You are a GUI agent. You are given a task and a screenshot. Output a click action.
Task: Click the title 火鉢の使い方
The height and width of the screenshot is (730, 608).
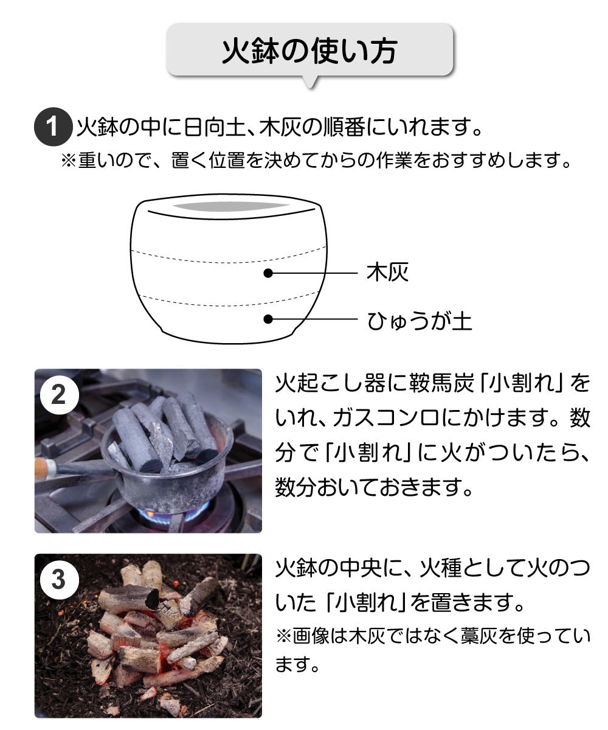pyautogui.click(x=309, y=51)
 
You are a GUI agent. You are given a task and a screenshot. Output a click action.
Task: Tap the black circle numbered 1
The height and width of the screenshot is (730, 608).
pyautogui.click(x=53, y=127)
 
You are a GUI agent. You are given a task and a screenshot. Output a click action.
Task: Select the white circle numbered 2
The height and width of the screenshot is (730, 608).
pyautogui.click(x=59, y=395)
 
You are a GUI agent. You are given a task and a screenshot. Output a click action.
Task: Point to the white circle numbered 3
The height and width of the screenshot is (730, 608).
pyautogui.click(x=59, y=580)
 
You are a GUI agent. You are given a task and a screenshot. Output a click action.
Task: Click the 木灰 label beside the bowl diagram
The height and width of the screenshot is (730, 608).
pyautogui.click(x=387, y=273)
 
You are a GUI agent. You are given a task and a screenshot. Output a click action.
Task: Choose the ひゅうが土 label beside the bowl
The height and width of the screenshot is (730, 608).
pyautogui.click(x=420, y=321)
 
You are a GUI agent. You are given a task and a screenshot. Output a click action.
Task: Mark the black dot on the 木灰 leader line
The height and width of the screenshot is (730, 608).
pyautogui.click(x=268, y=273)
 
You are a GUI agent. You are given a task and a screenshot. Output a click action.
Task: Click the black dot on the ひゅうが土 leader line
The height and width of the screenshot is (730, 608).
pyautogui.click(x=268, y=319)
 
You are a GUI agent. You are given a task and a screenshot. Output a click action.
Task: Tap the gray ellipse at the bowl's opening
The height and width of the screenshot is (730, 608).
pyautogui.click(x=230, y=207)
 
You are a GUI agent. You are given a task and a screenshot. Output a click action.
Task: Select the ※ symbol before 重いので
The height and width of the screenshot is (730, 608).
pyautogui.click(x=69, y=160)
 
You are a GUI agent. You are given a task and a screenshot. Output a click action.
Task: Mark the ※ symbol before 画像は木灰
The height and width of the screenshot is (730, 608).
pyautogui.click(x=284, y=636)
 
